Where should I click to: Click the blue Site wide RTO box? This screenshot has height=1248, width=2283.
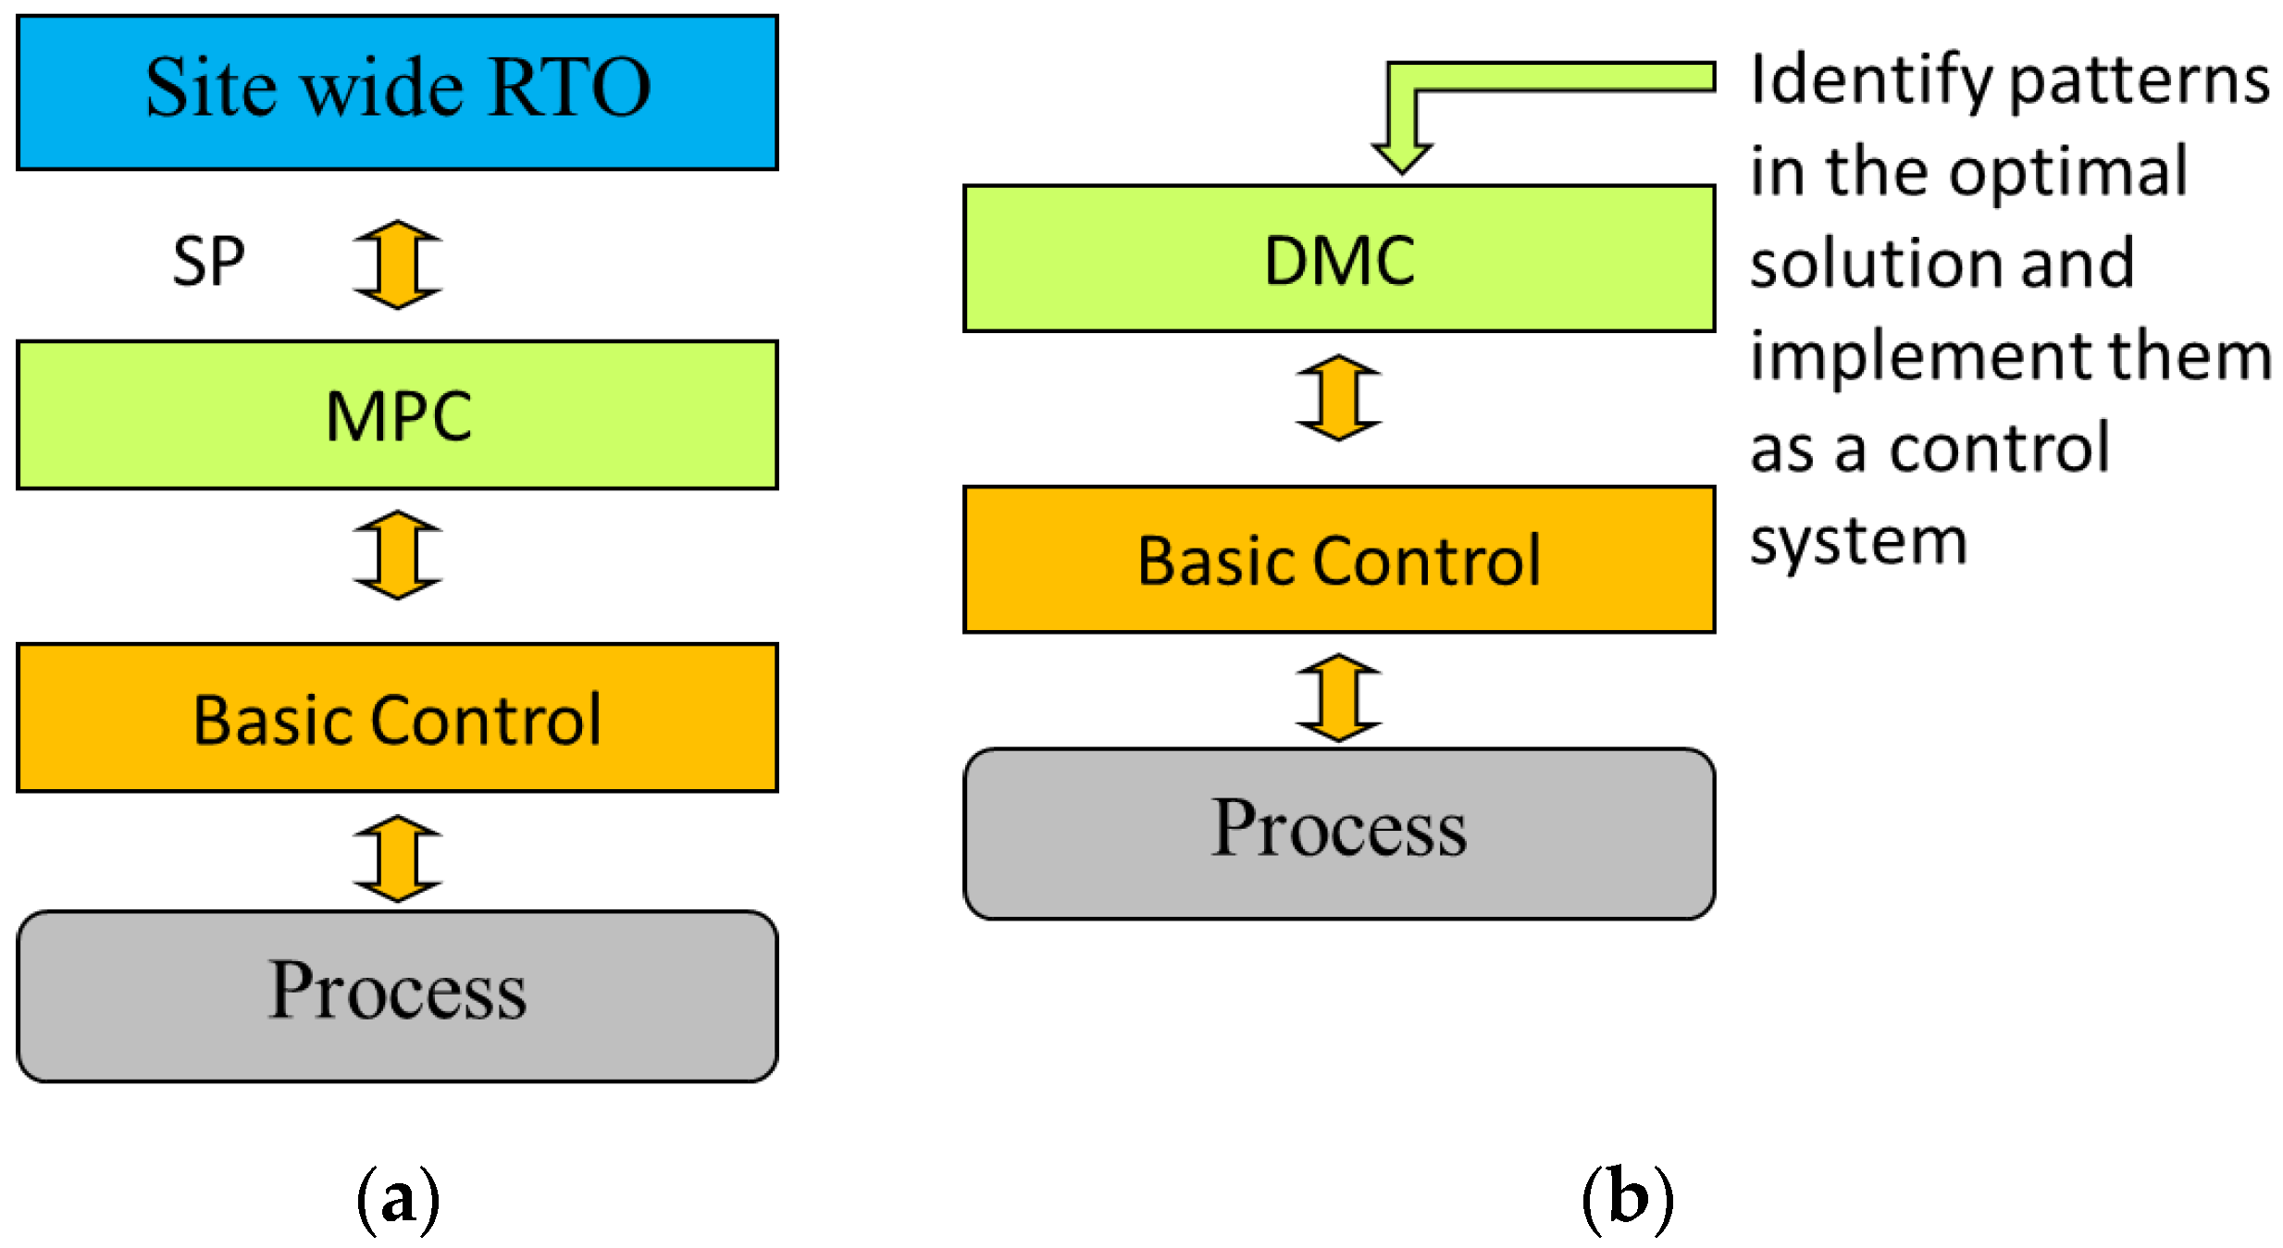click(x=397, y=92)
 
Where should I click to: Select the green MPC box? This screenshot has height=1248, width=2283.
click(x=397, y=415)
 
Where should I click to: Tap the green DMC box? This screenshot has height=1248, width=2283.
click(x=1338, y=259)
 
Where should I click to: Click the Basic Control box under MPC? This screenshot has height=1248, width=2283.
click(x=397, y=718)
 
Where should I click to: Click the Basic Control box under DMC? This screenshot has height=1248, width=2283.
click(x=1338, y=560)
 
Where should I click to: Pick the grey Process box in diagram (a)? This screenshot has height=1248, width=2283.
click(x=397, y=995)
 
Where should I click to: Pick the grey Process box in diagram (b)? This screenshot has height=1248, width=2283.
click(x=1338, y=833)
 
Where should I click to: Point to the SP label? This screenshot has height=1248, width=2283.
click(x=209, y=262)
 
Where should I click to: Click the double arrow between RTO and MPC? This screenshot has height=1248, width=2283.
click(x=398, y=265)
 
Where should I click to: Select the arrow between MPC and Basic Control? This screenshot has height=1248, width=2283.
click(x=398, y=555)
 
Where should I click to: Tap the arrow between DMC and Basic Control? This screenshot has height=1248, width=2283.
click(x=1338, y=398)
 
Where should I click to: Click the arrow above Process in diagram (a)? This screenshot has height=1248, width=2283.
click(x=398, y=859)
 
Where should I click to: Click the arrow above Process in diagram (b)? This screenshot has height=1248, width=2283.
click(x=1338, y=698)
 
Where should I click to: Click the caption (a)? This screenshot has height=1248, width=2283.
click(x=398, y=1200)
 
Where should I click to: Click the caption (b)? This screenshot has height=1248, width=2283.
click(x=1628, y=1200)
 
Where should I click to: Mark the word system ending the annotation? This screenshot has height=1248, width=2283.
click(x=1858, y=542)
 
